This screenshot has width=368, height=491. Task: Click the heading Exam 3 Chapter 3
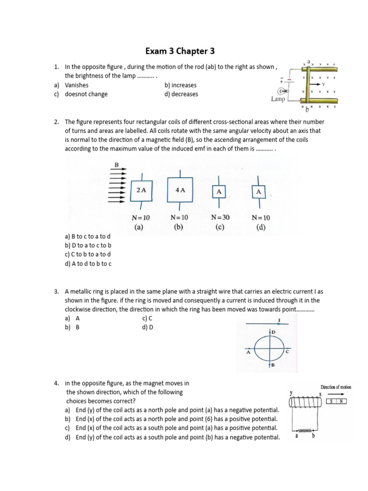click(x=184, y=51)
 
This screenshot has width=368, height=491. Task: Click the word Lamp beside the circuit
click(x=278, y=99)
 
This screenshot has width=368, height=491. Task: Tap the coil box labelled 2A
click(x=141, y=190)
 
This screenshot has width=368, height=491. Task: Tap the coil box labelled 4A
click(x=180, y=190)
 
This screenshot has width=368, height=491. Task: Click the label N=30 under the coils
click(x=220, y=217)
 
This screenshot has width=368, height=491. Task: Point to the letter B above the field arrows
click(x=116, y=165)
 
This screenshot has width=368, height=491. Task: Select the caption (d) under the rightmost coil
click(x=261, y=227)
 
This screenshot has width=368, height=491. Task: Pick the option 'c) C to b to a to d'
click(x=88, y=254)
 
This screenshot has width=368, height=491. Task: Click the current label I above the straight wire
click(x=279, y=320)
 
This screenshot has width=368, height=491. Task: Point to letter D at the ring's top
click(x=274, y=332)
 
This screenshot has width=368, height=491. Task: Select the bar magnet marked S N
click(x=338, y=401)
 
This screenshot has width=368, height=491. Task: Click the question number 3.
click(x=56, y=291)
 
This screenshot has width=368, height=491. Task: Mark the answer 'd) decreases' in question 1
click(x=181, y=94)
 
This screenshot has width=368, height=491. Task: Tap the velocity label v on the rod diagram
click(x=323, y=84)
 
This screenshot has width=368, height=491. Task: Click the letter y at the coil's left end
click(x=291, y=393)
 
